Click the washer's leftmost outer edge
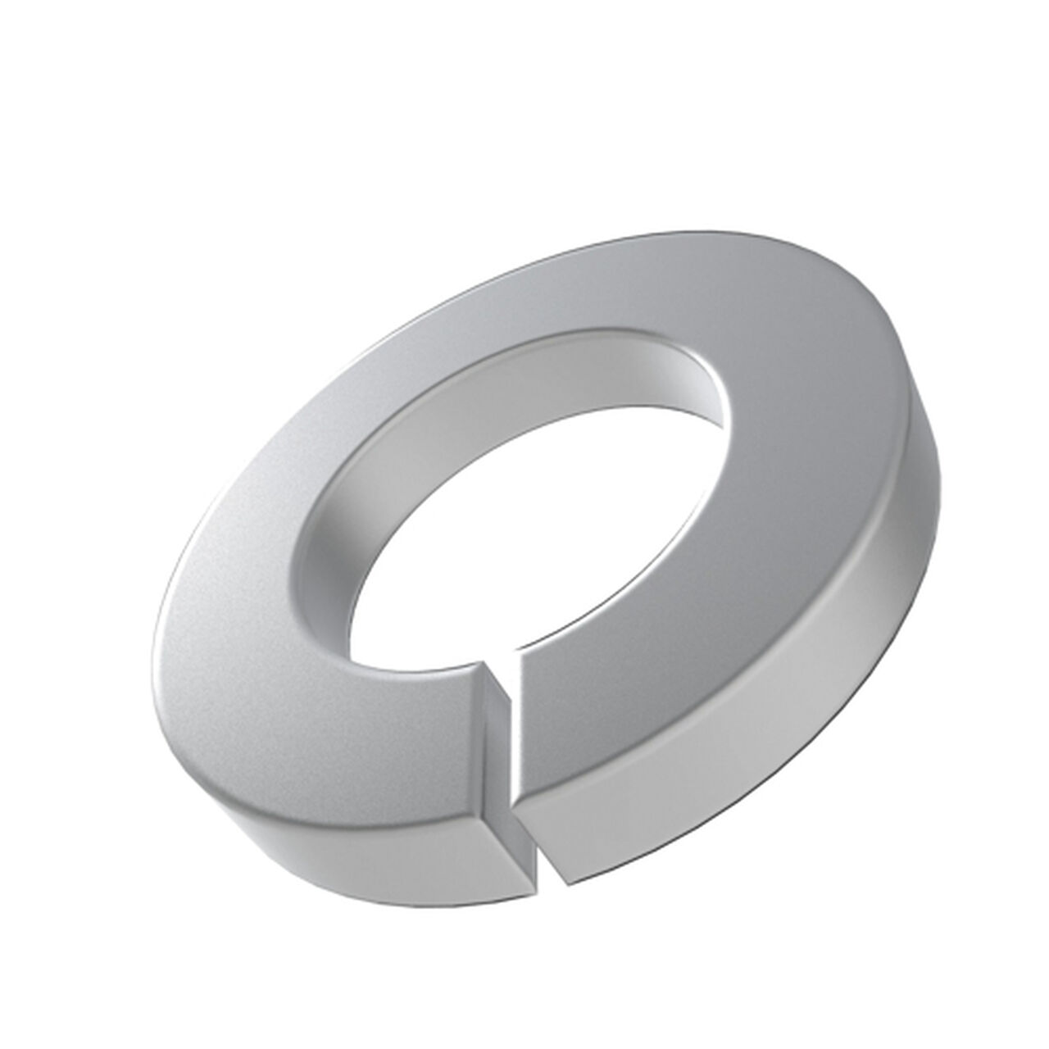157,647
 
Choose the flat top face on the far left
238,623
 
